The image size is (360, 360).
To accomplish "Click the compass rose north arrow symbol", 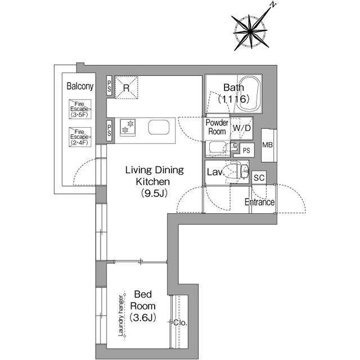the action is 251,31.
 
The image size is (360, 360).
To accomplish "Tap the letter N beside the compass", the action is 273,5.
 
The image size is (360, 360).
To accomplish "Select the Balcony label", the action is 80,86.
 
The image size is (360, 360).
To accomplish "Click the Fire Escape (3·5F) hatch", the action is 80,109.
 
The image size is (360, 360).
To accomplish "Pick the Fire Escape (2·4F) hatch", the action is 80,137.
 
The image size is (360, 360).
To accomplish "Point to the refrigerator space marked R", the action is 126,88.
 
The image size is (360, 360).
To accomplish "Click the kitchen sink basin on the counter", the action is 159,127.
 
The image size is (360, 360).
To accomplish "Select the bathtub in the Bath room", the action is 250,94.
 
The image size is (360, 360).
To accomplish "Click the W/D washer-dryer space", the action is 241,128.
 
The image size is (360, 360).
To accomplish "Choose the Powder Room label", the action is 217,127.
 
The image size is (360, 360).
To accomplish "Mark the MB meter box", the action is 268,145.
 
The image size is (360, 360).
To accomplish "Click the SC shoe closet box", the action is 259,178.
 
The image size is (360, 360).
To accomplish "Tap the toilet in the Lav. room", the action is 238,171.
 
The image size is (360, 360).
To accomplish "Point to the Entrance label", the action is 259,202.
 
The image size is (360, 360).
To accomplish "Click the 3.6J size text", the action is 142,318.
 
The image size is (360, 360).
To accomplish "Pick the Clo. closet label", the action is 181,322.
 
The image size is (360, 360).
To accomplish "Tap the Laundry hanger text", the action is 121,316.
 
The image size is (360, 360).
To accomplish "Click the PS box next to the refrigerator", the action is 109,85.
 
